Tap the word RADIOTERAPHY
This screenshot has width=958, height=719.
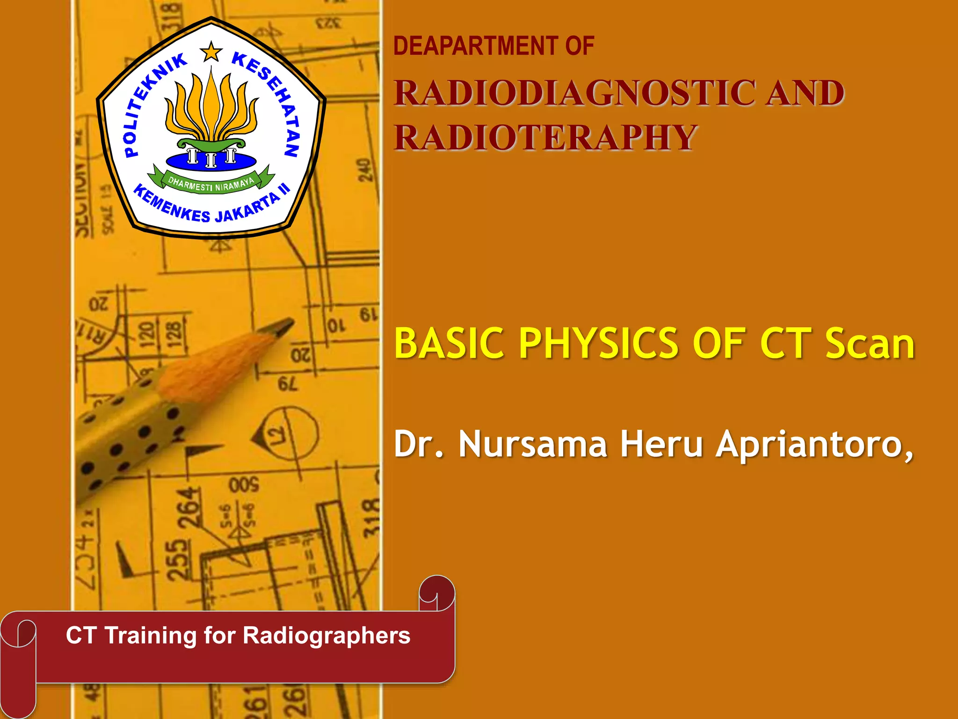click(545, 138)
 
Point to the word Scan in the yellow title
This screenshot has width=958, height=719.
click(869, 344)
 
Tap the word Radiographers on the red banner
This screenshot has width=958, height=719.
click(326, 636)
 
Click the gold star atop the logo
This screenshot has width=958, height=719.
click(211, 51)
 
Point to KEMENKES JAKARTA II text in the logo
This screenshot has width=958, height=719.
click(210, 208)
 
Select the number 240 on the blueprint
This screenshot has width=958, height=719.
click(364, 170)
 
